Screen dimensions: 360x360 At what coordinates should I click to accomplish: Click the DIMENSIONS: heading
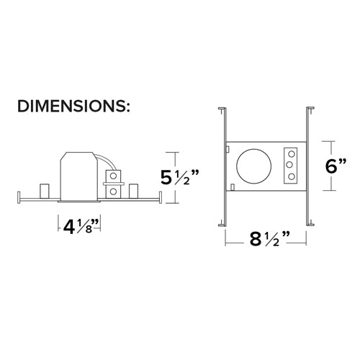pyautogui.click(x=73, y=106)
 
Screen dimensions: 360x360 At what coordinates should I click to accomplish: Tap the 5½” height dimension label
pyautogui.click(x=180, y=178)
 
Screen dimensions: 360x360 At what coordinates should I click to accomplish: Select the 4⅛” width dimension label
pyautogui.click(x=81, y=227)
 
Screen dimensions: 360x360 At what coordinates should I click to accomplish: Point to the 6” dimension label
pyautogui.click(x=336, y=166)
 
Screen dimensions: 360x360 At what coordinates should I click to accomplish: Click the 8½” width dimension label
pyautogui.click(x=270, y=239)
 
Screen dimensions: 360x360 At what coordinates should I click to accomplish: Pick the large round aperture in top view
pyautogui.click(x=254, y=166)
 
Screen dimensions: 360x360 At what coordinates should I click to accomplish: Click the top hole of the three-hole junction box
pyautogui.click(x=292, y=153)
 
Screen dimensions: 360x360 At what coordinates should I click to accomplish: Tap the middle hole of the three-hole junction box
pyautogui.click(x=289, y=165)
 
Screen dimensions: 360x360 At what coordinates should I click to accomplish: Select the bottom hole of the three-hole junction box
pyautogui.click(x=292, y=177)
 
